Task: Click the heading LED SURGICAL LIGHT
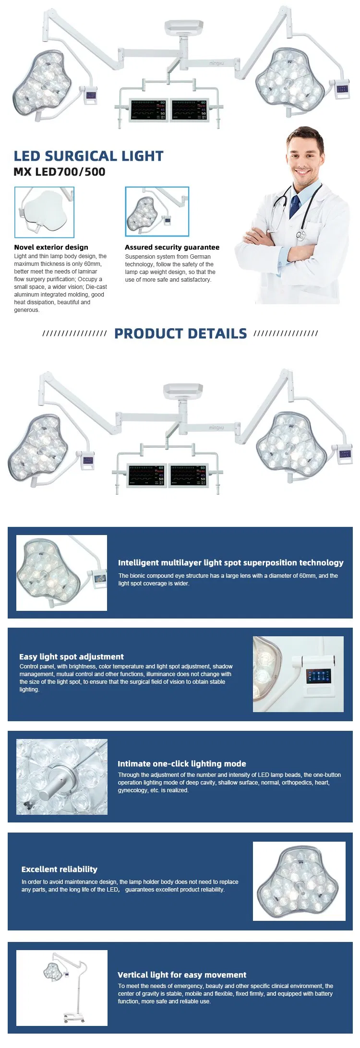pyautogui.click(x=89, y=156)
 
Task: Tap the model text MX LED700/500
pyautogui.click(x=60, y=172)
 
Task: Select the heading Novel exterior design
pyautogui.click(x=51, y=247)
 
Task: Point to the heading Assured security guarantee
pyautogui.click(x=172, y=247)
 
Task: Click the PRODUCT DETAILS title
pyautogui.click(x=180, y=333)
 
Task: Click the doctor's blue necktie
pyautogui.click(x=294, y=206)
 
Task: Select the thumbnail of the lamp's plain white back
pyautogui.click(x=45, y=212)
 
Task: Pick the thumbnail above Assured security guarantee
pyautogui.click(x=157, y=212)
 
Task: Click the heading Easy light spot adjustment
pyautogui.click(x=72, y=656)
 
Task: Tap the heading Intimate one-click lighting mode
pyautogui.click(x=182, y=763)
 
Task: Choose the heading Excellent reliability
pyautogui.click(x=60, y=869)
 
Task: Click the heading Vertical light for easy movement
pyautogui.click(x=182, y=975)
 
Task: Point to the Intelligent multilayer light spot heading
pyautogui.click(x=231, y=562)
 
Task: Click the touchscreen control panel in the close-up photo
pyautogui.click(x=318, y=677)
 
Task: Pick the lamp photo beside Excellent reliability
pyautogui.click(x=299, y=881)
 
